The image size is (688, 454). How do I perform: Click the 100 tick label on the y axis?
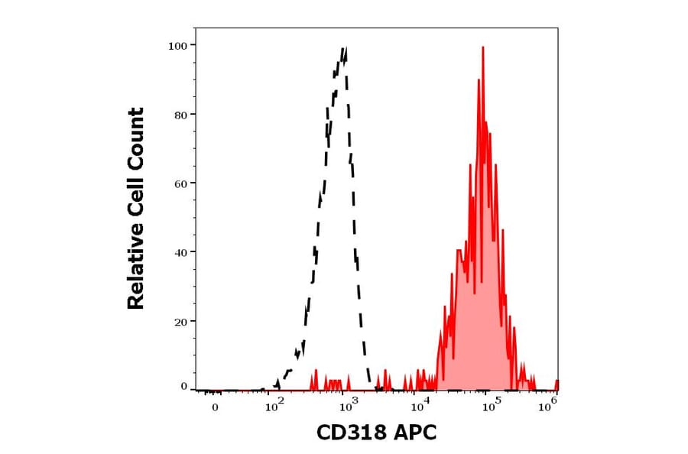[177, 46]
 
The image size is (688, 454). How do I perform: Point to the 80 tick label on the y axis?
[180, 115]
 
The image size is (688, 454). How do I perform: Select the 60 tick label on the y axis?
[180, 183]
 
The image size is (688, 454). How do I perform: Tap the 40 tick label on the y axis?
[180, 252]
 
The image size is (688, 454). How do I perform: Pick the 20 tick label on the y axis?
[180, 321]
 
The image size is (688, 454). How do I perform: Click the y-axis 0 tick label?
[183, 387]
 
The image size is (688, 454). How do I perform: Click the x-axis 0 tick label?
[215, 407]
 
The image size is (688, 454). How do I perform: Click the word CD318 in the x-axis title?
[352, 433]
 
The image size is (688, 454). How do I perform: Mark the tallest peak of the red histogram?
[483, 47]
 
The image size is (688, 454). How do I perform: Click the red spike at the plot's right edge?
[557, 383]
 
